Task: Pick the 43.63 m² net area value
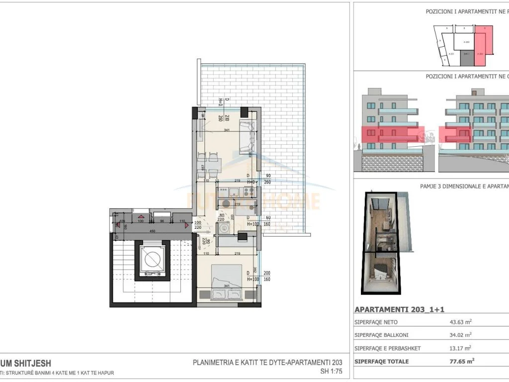460,321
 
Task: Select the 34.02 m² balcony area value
460,335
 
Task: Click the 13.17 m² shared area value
460,348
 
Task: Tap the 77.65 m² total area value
460,361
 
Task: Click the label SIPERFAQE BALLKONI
381,335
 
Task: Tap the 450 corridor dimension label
153,231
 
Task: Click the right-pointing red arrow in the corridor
187,225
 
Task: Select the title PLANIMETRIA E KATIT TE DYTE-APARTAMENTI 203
268,363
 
